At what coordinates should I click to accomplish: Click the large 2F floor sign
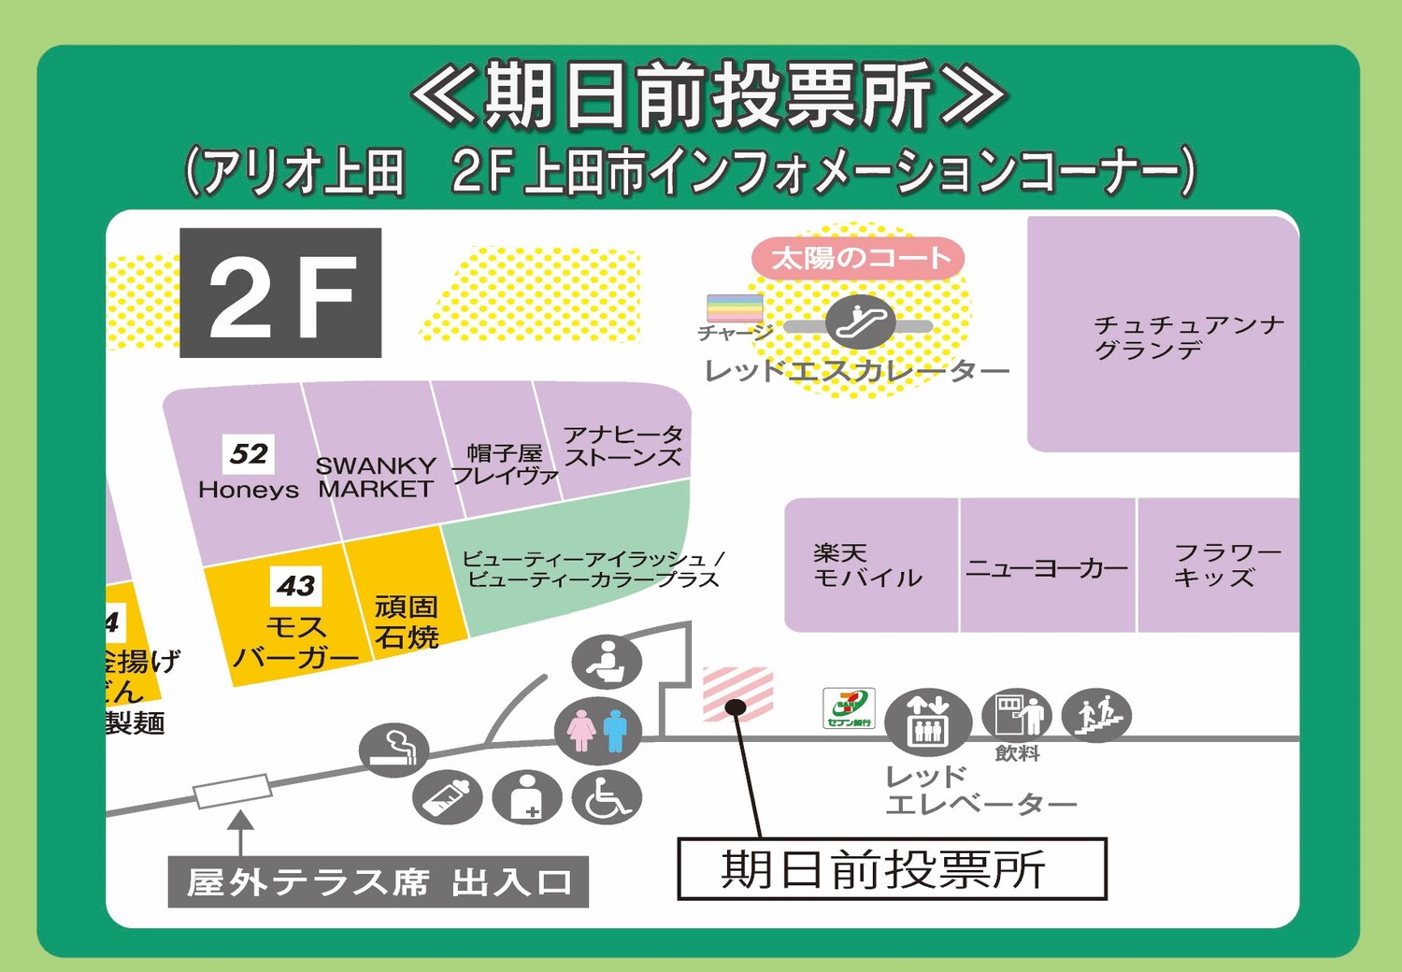click(280, 293)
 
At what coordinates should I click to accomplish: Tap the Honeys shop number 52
click(249, 454)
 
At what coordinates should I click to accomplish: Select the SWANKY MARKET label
click(375, 477)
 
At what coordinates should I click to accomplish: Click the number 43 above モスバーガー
click(295, 586)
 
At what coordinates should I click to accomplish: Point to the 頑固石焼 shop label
click(407, 622)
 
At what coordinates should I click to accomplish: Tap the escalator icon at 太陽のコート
click(860, 322)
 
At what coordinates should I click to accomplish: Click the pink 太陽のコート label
click(857, 258)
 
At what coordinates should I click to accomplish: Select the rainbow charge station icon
click(735, 307)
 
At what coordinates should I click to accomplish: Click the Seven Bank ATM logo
click(849, 708)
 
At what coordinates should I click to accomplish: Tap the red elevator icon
click(927, 722)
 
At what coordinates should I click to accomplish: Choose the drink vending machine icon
click(1017, 715)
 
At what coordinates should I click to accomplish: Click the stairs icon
click(1096, 716)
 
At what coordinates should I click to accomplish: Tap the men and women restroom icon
click(598, 729)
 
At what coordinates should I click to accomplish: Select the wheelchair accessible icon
click(607, 797)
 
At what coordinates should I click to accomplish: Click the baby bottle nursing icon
click(448, 797)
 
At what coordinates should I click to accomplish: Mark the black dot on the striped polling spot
click(736, 708)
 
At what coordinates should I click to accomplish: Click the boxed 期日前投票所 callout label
click(892, 869)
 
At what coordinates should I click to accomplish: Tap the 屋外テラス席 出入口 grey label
click(378, 881)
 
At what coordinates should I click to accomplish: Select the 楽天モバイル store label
click(867, 565)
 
